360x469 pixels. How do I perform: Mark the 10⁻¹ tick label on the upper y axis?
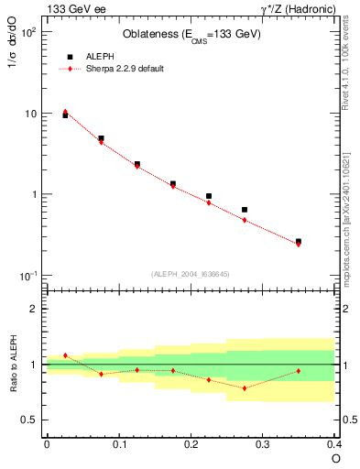pyautogui.click(x=28, y=276)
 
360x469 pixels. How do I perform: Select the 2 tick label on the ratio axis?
pyautogui.click(x=35, y=309)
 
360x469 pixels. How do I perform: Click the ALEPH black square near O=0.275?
pyautogui.click(x=245, y=210)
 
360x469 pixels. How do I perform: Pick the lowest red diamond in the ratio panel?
pyautogui.click(x=245, y=387)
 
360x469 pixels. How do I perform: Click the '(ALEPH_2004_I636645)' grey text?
pyautogui.click(x=191, y=273)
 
